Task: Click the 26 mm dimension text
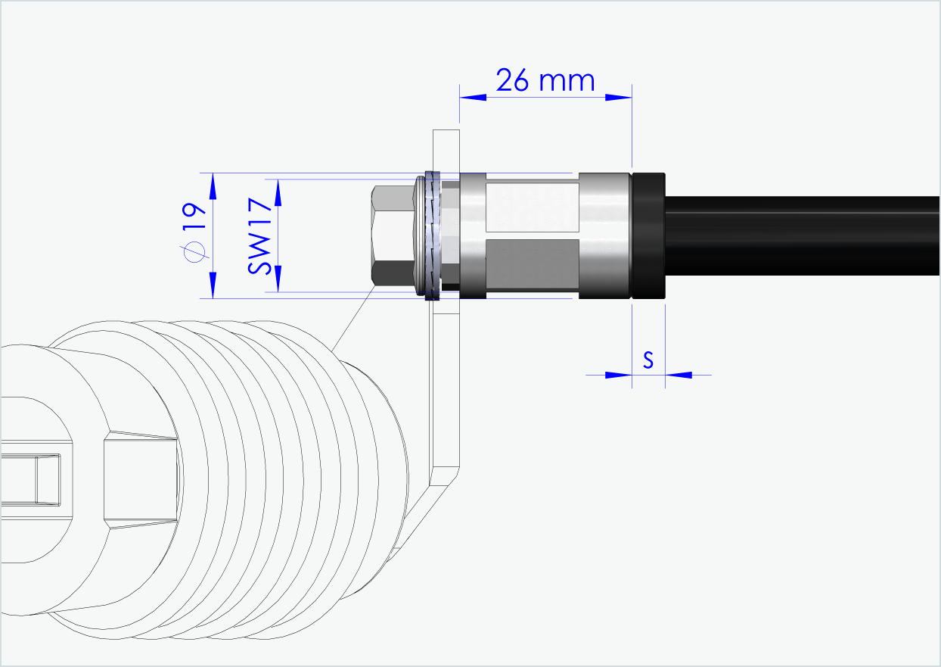coord(545,79)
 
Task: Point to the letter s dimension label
coord(648,360)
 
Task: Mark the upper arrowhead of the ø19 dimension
coord(213,185)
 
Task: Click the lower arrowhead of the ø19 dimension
coord(213,285)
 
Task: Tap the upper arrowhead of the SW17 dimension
coord(278,192)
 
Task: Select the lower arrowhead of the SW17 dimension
coord(278,278)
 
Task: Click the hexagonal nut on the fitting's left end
coord(393,235)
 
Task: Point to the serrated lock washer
coord(433,235)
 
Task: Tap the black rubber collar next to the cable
coord(648,235)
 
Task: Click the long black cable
coord(802,235)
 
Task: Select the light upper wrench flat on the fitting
coord(532,206)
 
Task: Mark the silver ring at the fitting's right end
coord(604,235)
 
